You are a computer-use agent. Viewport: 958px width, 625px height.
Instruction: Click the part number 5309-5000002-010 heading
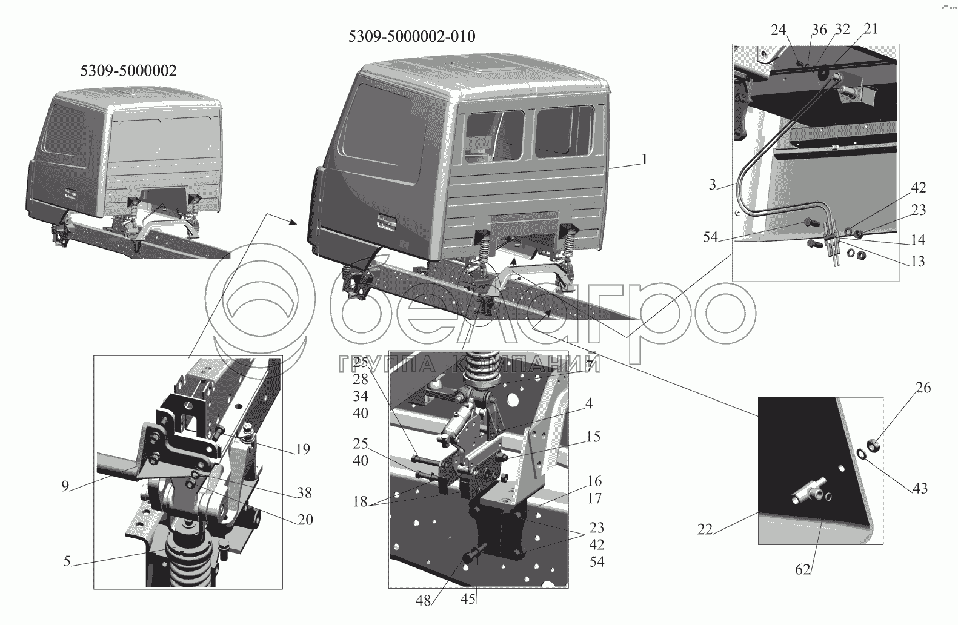point(411,36)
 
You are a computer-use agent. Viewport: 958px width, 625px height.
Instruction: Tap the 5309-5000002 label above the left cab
point(128,70)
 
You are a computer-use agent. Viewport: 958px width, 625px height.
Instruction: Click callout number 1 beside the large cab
point(645,159)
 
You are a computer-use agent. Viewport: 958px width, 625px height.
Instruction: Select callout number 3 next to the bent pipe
point(712,185)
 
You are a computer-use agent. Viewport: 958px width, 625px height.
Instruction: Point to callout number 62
point(803,569)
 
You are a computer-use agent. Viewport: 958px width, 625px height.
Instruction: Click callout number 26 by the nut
point(923,388)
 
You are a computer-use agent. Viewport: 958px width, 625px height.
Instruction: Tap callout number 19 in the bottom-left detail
point(302,449)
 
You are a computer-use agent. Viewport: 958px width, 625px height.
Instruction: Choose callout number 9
point(65,486)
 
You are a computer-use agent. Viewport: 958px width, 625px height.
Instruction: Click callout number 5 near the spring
point(67,561)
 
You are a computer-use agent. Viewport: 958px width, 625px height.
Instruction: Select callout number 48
point(423,601)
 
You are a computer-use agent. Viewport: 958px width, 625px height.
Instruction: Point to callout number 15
point(593,437)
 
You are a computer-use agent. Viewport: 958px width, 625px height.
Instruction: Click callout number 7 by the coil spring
point(590,366)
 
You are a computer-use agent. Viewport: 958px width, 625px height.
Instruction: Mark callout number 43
point(920,488)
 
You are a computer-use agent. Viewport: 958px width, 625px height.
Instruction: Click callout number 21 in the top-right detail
point(871,28)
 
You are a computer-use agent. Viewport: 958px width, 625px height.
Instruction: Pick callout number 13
point(918,261)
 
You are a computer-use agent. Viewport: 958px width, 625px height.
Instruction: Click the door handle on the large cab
point(386,222)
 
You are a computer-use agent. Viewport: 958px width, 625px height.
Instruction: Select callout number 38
point(304,492)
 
